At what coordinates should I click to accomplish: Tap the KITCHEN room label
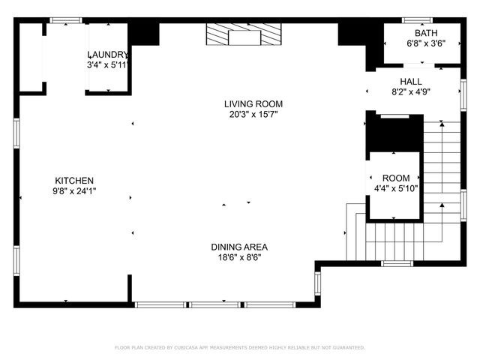(74, 181)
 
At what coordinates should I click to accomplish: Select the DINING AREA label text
(239, 247)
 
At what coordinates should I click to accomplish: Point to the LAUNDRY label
(108, 55)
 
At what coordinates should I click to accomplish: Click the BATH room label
(424, 33)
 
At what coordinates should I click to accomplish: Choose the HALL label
(410, 82)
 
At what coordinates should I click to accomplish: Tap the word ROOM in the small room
(396, 178)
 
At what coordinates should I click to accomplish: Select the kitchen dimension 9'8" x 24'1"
(74, 191)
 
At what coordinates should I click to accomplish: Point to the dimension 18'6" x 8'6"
(239, 257)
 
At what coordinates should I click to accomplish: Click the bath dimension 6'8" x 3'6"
(424, 43)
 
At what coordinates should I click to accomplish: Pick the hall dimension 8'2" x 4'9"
(410, 92)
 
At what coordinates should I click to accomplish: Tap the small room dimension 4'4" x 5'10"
(396, 189)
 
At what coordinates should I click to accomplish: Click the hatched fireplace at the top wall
(244, 34)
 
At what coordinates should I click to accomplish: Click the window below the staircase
(397, 263)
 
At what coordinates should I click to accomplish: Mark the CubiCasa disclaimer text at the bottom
(239, 347)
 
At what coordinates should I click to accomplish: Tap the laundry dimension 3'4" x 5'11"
(108, 65)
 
